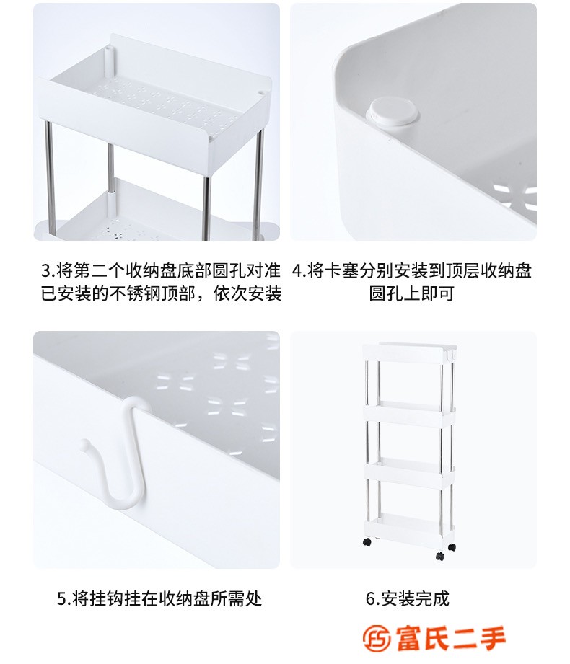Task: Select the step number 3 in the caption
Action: [45, 270]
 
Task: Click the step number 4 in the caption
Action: [297, 270]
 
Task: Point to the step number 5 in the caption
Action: [62, 599]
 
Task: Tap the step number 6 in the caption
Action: [371, 599]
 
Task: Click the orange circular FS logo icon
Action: [377, 638]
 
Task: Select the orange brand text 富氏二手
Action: [451, 638]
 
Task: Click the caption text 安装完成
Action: [415, 599]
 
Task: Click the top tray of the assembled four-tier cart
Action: [409, 353]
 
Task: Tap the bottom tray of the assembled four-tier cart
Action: [408, 525]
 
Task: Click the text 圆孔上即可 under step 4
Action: [411, 293]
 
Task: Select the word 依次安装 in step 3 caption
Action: [247, 293]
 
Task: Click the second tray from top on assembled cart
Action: [409, 413]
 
